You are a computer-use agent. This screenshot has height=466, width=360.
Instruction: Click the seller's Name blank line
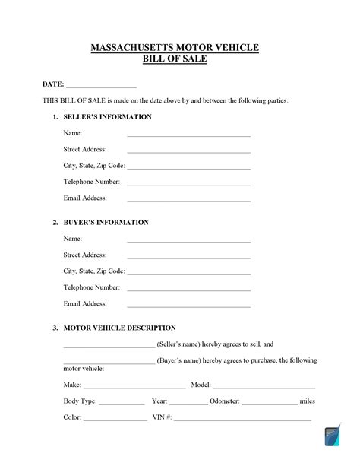pos(188,135)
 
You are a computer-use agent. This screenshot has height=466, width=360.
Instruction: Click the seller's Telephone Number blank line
pos(188,184)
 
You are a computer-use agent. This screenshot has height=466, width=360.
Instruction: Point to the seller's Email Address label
pos(85,198)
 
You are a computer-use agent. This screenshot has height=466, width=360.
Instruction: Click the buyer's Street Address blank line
pos(188,258)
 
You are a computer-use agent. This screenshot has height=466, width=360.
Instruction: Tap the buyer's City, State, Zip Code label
pos(94,271)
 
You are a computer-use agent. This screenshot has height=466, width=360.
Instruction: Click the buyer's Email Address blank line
pos(188,306)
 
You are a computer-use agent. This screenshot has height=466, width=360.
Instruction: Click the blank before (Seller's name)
pos(109,346)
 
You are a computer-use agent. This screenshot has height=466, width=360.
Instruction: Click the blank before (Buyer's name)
pos(109,363)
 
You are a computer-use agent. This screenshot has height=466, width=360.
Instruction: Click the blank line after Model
pos(264,387)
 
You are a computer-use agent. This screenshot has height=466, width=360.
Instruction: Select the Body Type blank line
pos(122,404)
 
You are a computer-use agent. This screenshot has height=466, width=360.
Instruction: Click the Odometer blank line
pos(270,404)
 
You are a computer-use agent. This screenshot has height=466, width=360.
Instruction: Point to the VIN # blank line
pos(243,420)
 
